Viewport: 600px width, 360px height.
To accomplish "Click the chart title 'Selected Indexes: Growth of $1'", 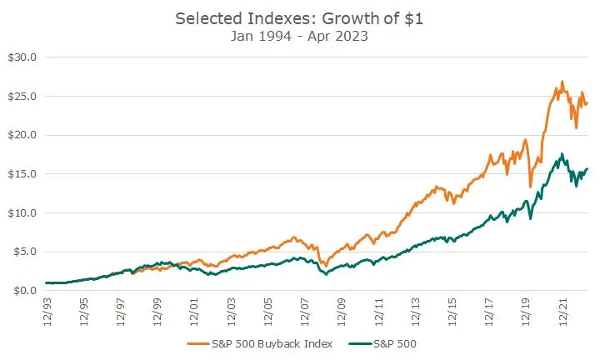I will (299, 18).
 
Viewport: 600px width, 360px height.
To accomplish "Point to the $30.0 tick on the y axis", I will (21, 57).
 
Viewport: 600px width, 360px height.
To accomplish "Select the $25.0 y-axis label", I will (21, 97).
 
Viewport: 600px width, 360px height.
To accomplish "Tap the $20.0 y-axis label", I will (21, 135).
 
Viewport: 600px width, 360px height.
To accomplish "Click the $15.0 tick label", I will (21, 174).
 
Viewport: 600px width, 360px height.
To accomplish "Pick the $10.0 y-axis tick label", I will (21, 212).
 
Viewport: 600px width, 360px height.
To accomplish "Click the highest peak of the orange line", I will (562, 82).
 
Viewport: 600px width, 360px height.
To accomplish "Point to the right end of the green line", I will (587, 169).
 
